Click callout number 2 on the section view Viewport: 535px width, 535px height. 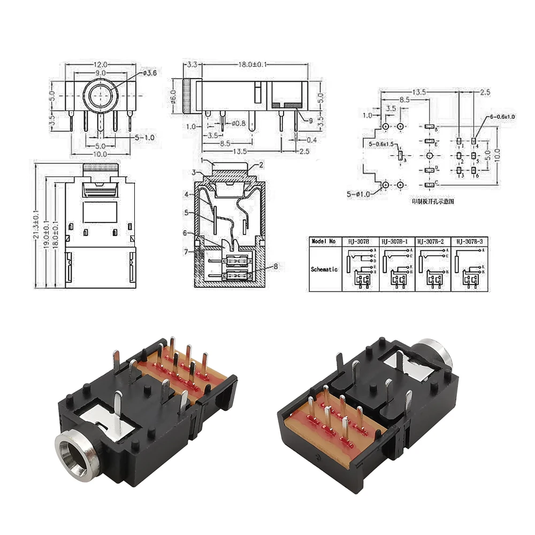[x=262, y=165]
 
